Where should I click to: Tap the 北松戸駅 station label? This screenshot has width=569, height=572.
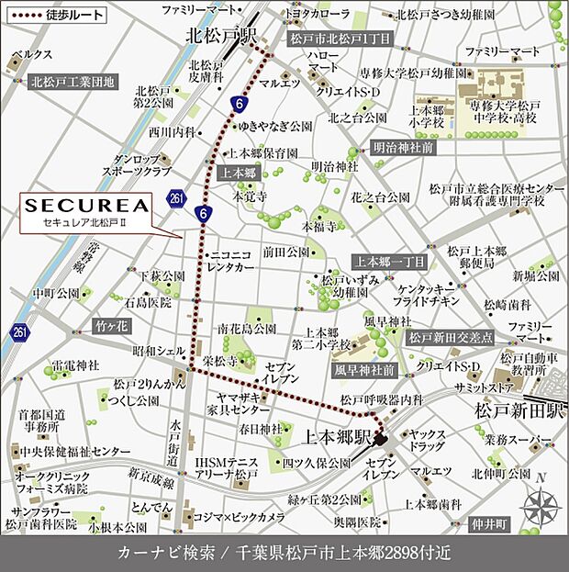220,36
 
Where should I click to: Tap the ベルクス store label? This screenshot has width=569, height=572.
39,55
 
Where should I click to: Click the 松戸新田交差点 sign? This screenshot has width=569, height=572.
451,338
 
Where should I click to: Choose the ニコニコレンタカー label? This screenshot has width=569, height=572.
231,261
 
